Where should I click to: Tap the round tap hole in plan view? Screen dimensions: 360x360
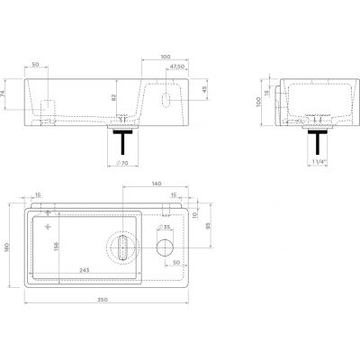(166, 247)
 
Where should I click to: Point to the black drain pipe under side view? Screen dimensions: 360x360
(317, 141)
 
